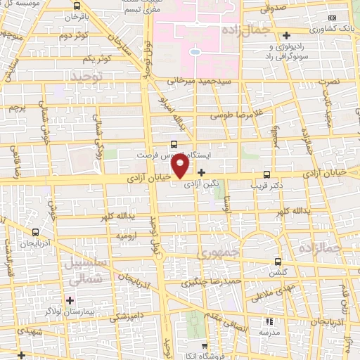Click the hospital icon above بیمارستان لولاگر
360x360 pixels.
[69, 301]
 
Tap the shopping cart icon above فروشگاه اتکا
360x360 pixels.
[204, 345]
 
